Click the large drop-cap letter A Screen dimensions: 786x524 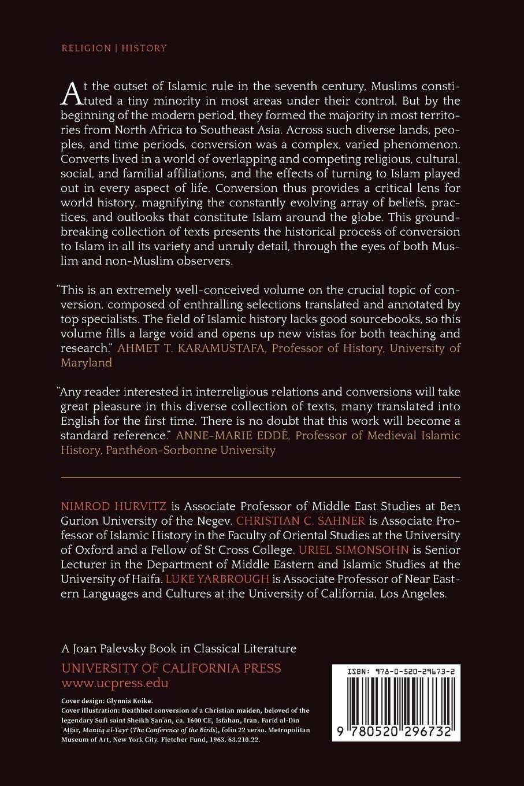(69, 92)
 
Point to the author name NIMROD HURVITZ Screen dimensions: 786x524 (113, 506)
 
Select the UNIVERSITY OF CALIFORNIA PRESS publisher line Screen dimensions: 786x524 (171, 668)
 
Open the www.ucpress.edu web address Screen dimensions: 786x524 (114, 683)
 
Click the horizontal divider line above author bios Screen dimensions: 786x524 (261, 477)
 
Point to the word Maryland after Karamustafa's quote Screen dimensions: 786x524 (86, 363)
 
